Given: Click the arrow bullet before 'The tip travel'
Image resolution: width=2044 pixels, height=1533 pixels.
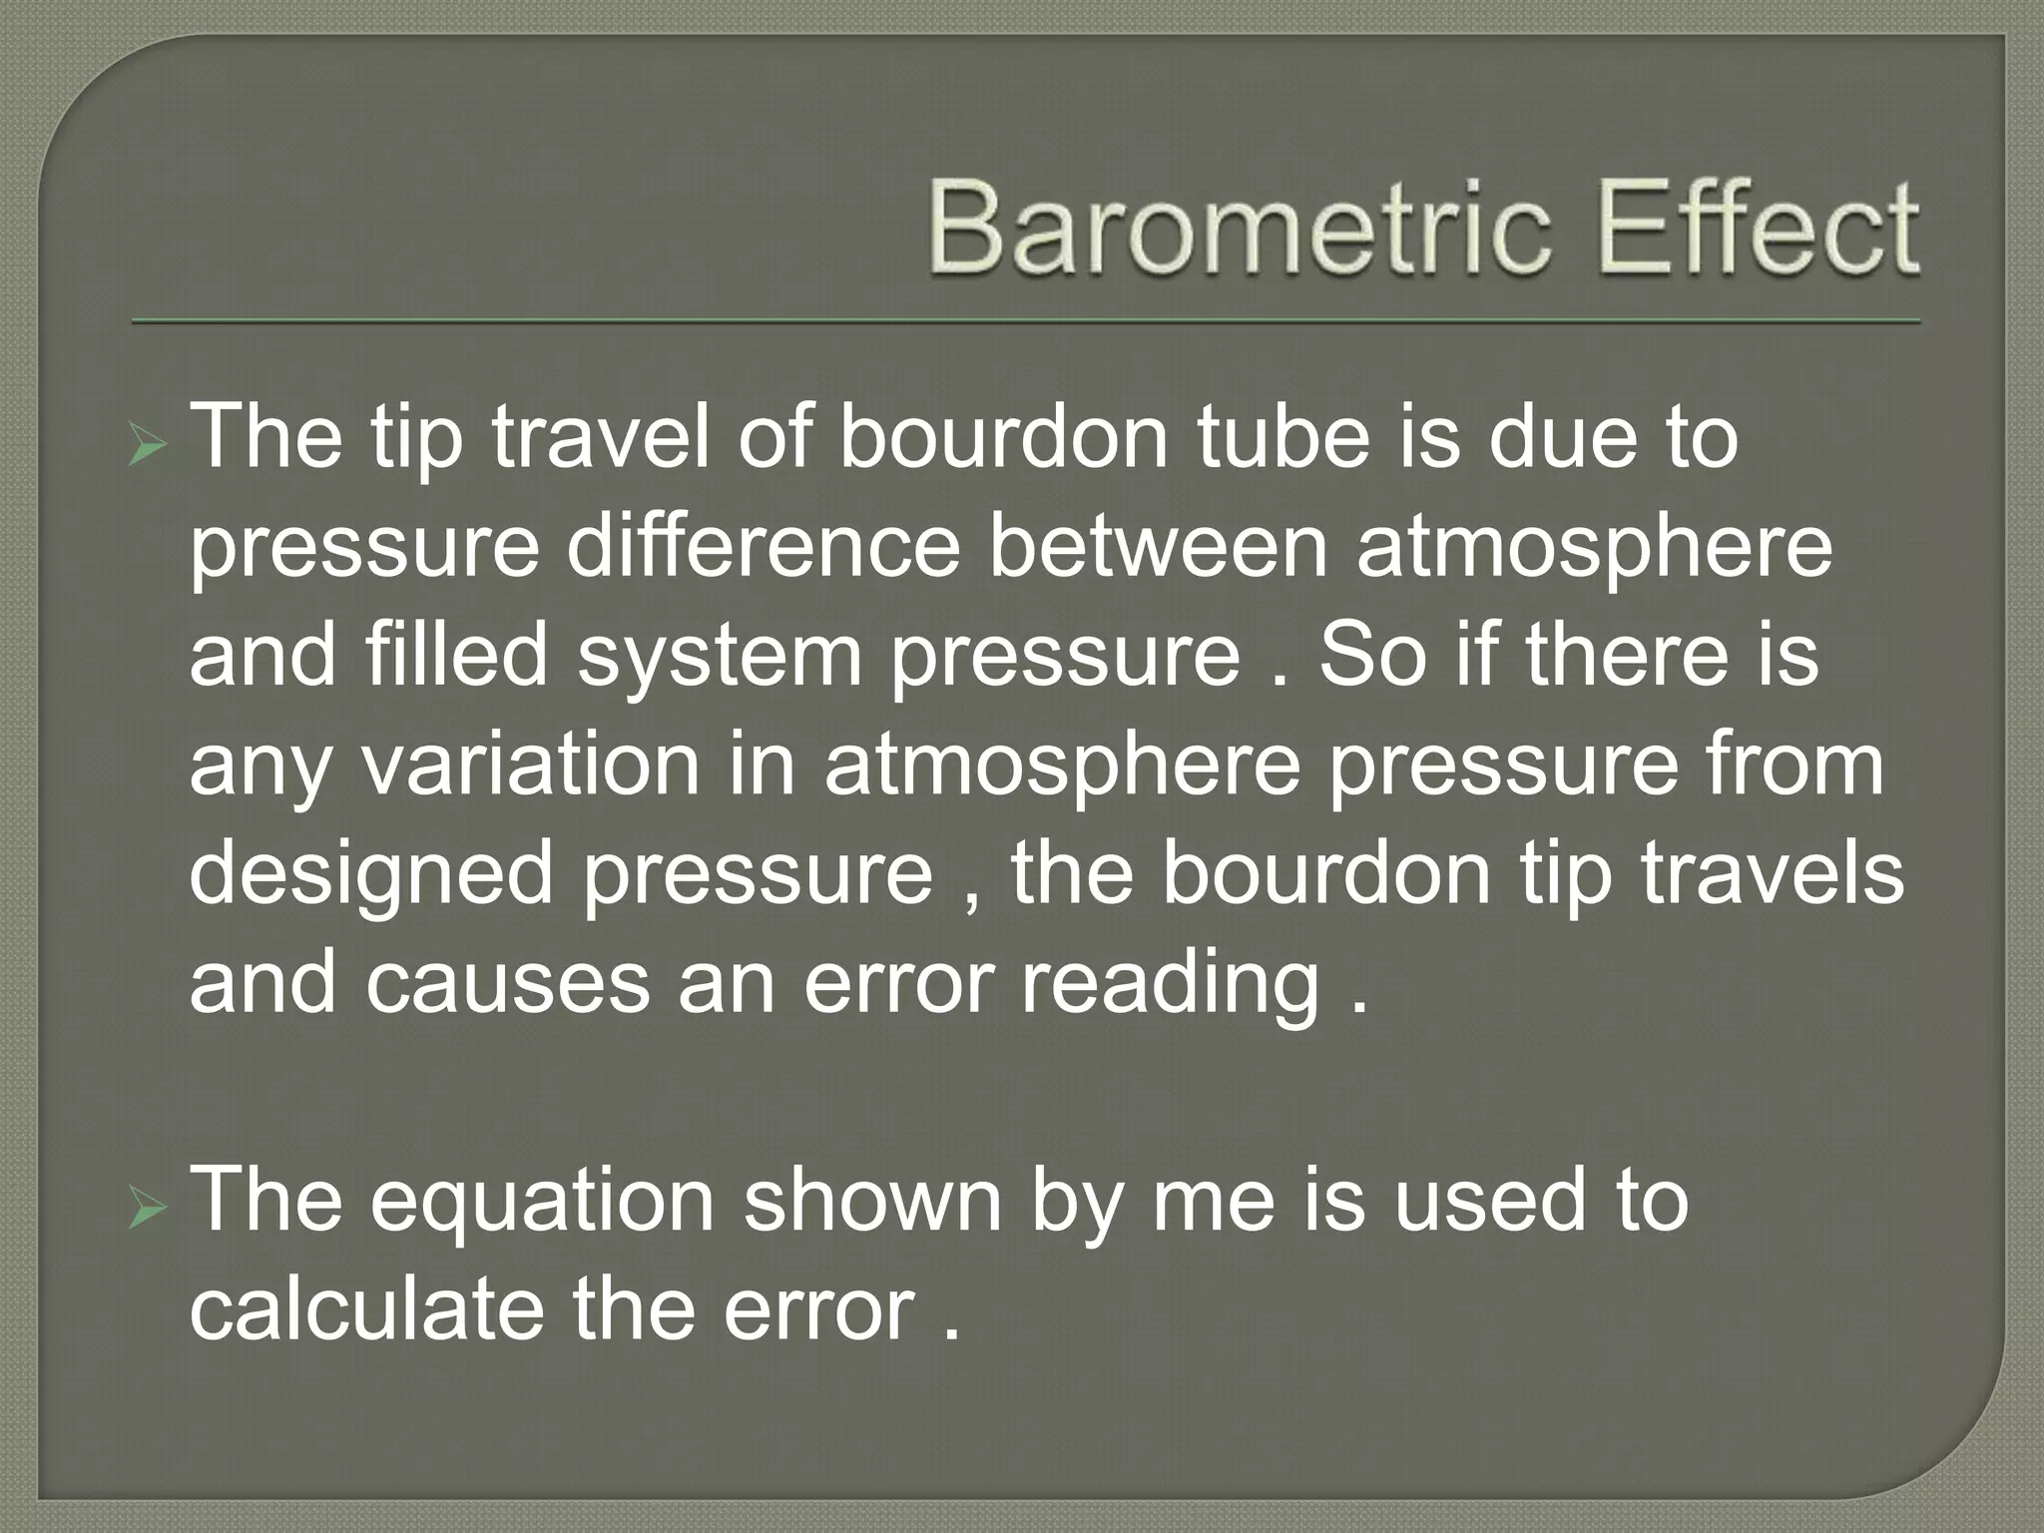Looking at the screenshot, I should pos(148,447).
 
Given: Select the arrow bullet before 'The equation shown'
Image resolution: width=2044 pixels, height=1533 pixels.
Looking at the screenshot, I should pos(148,1210).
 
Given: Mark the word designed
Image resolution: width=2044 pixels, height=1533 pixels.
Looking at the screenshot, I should pos(370,876).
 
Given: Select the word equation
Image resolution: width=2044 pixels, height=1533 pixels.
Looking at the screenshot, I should pos(543,1203).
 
